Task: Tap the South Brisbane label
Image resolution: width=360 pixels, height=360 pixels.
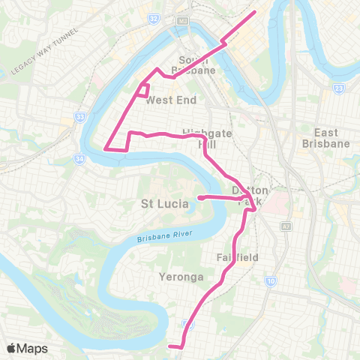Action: [197, 65]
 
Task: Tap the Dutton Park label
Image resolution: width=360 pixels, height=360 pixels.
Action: [250, 196]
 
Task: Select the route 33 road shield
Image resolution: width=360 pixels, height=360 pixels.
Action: [79, 117]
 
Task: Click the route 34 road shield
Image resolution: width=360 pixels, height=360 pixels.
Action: [79, 158]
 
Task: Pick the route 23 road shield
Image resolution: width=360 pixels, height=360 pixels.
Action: [340, 88]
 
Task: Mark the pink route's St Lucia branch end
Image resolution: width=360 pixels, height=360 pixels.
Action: [199, 198]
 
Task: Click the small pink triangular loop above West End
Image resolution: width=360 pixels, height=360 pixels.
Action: [141, 90]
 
